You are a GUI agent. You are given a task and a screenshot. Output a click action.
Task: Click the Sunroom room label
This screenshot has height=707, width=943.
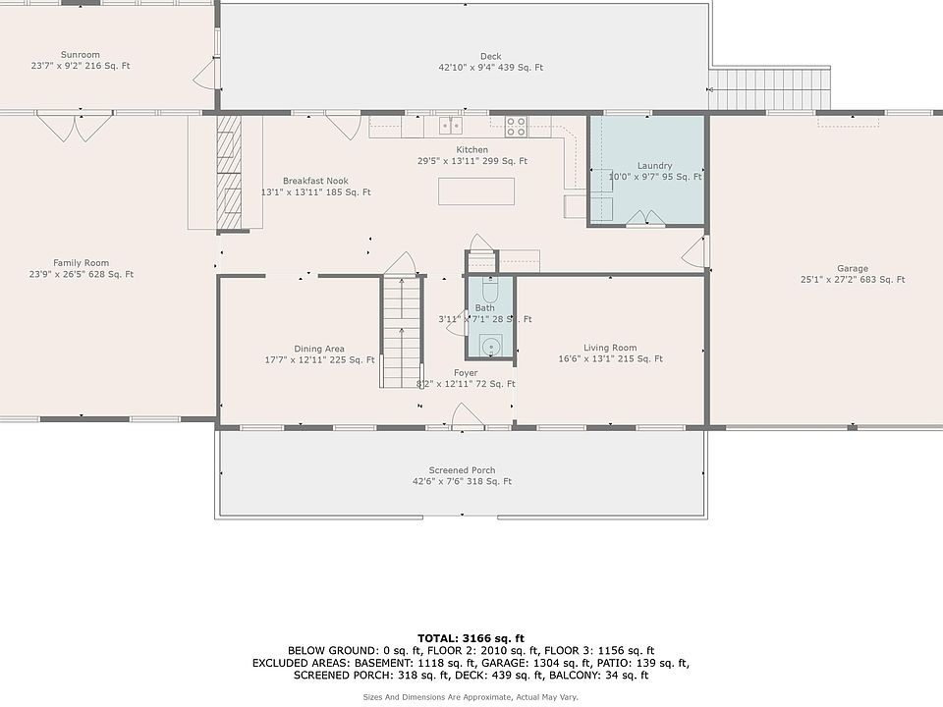coord(80,55)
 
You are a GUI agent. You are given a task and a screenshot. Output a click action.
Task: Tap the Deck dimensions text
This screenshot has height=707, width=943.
coord(491,68)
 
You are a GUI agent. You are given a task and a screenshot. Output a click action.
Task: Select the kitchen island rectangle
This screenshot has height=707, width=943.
coord(476,191)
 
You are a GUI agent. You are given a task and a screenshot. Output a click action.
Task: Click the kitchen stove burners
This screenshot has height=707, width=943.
coord(516,127)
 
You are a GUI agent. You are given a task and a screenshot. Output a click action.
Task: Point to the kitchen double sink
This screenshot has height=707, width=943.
coord(451,125)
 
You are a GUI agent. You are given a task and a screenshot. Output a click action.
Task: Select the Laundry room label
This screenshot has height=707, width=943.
coord(655,165)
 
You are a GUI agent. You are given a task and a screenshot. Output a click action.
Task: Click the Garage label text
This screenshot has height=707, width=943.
coord(853,269)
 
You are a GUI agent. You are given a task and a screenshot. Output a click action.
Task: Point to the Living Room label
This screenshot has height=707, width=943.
coord(610,348)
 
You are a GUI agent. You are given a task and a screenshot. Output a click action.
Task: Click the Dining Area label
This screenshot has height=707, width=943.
coord(319,349)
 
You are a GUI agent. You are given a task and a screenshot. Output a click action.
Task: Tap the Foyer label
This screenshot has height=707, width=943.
coord(466,373)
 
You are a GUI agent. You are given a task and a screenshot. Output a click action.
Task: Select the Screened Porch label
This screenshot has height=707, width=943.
coord(462,470)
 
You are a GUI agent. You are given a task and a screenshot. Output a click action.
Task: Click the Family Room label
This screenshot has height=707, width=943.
coord(82,263)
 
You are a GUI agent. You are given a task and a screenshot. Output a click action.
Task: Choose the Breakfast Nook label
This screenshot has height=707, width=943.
coord(315,181)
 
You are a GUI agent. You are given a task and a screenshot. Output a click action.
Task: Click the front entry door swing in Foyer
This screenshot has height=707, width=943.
coord(468,416)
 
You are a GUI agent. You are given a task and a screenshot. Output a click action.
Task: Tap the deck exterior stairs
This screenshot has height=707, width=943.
coord(769,89)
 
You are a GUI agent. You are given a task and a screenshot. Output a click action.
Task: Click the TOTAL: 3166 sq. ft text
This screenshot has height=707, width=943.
coord(471,638)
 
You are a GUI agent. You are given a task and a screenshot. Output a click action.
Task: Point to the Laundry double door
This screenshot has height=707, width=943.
coord(645,218)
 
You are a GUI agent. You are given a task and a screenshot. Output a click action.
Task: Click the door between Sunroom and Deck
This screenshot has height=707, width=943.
coord(208,74)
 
